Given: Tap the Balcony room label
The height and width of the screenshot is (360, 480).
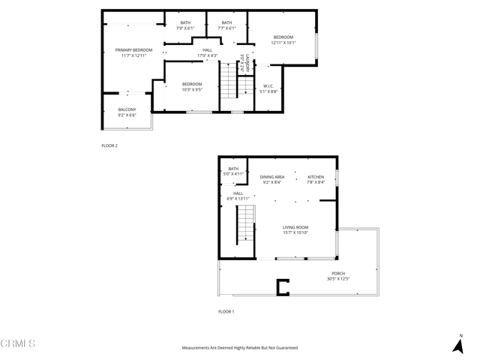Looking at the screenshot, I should (127, 112).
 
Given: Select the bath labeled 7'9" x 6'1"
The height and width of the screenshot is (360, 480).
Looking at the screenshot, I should (184, 25).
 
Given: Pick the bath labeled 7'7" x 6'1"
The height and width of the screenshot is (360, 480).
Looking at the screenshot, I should (226, 25).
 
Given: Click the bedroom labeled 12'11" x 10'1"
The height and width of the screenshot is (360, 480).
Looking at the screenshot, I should (283, 40).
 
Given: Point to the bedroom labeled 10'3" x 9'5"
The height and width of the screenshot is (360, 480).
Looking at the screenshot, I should (191, 87).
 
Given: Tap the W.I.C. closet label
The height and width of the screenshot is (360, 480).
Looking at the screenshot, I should (270, 88).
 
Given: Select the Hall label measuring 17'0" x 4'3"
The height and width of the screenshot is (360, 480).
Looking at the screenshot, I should (207, 52).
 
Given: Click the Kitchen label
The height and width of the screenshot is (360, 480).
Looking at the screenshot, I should (316, 179).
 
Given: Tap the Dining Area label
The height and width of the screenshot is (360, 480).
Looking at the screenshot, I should (272, 179).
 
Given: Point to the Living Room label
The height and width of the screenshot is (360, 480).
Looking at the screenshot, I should (295, 229).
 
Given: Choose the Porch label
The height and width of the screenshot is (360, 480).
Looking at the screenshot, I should (338, 276).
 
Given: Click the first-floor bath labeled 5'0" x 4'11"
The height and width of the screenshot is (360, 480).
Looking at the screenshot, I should (233, 171).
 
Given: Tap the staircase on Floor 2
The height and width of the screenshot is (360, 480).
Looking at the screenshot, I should (229, 81).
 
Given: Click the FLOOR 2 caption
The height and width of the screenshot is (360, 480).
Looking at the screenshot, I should (109, 145).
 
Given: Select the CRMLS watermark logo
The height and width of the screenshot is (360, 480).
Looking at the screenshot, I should (18, 343).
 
